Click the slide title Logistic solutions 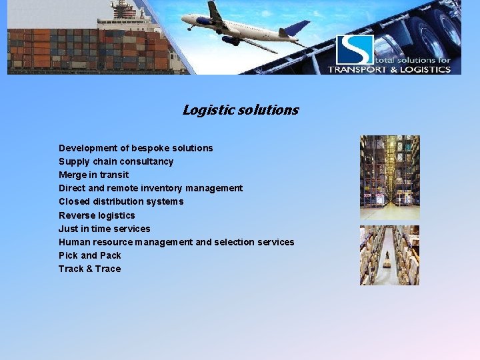(241, 110)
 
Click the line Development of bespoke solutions (136, 148)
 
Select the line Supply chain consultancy (116, 161)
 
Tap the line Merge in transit (94, 175)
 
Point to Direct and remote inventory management (151, 188)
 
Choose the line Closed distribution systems (121, 201)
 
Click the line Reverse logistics (97, 215)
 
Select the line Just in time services (105, 229)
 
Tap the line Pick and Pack (90, 255)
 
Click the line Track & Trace (90, 269)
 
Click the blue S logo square (355, 49)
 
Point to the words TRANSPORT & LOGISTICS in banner (389, 69)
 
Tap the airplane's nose (184, 20)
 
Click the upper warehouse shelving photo (390, 177)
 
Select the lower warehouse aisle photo (390, 255)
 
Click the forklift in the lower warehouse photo (386, 264)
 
